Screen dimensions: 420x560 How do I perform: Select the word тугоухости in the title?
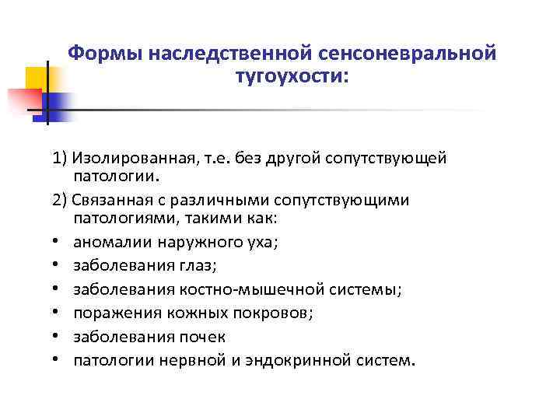(285, 78)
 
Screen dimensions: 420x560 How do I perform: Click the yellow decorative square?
(37, 79)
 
